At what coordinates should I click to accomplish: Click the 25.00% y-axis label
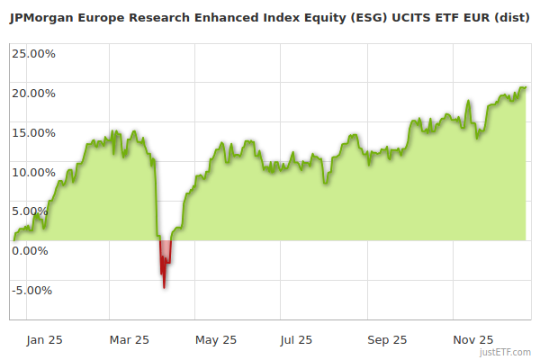tap(32, 53)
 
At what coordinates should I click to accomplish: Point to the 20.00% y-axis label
tap(32, 93)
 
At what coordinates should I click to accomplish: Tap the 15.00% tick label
tap(32, 132)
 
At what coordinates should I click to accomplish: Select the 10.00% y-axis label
tap(32, 172)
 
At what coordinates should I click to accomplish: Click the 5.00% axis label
tap(30, 211)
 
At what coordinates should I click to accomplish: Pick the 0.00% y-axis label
tap(30, 251)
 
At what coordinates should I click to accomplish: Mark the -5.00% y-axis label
tap(31, 291)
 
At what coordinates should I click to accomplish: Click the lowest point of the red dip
tap(164, 288)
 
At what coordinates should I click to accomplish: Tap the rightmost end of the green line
tap(526, 87)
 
